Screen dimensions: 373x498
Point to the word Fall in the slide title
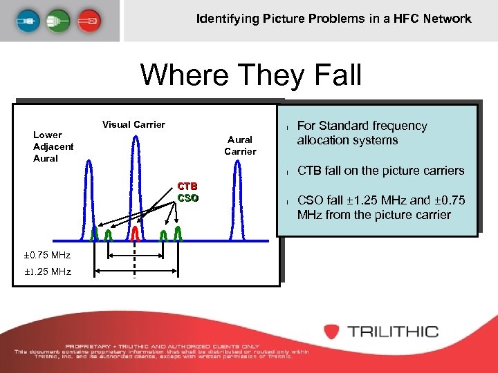(x=331, y=75)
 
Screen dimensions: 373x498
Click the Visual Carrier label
(x=133, y=125)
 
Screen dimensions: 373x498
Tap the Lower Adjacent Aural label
(x=53, y=146)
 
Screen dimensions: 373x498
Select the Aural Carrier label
(x=240, y=146)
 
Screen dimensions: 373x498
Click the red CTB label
(x=187, y=186)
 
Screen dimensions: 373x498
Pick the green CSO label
(x=187, y=198)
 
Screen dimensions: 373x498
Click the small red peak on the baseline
(x=136, y=233)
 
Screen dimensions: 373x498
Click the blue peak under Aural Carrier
(x=237, y=200)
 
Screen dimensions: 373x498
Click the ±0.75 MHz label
(x=47, y=256)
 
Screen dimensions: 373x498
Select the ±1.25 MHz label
(x=47, y=271)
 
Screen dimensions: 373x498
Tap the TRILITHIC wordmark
(x=393, y=332)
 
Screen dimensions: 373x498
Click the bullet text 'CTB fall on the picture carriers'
(x=380, y=171)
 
